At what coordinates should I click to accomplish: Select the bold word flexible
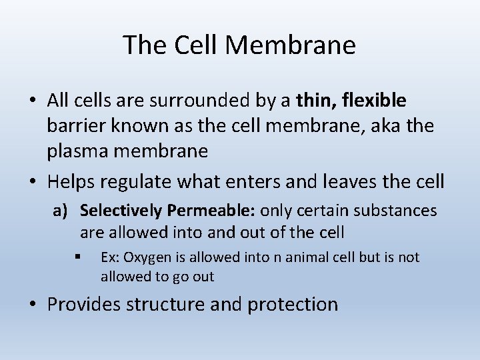374,101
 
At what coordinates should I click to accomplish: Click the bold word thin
315,101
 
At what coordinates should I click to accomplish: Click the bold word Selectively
121,211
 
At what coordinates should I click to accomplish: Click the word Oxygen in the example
145,257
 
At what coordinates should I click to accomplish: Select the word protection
293,305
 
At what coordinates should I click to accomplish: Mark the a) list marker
61,211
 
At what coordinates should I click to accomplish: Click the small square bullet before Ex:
78,257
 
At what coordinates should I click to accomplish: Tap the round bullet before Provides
32,305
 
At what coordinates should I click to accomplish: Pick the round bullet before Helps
32,180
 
